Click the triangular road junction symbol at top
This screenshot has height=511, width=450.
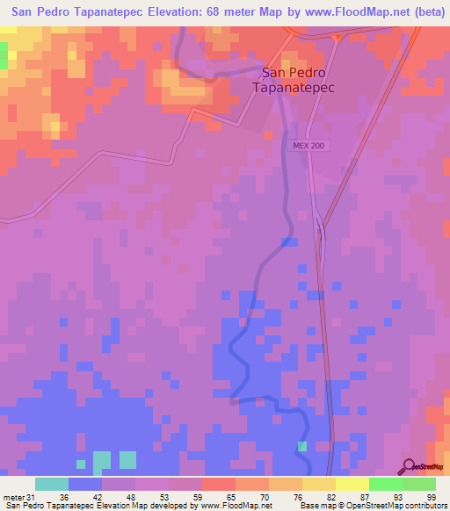point(337,37)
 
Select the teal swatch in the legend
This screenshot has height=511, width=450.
point(51,484)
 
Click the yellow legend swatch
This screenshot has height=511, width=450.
point(318,484)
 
